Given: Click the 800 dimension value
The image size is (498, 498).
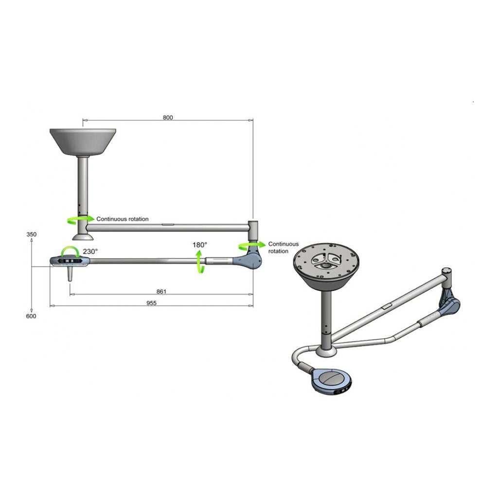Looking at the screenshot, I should pyautogui.click(x=168, y=117).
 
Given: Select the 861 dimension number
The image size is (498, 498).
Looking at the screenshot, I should pyautogui.click(x=161, y=291).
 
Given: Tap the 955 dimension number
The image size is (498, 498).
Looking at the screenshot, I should pyautogui.click(x=152, y=302).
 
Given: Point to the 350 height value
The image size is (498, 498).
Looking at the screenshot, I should pyautogui.click(x=31, y=234).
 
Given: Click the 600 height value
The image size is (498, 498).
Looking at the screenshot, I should pyautogui.click(x=31, y=316).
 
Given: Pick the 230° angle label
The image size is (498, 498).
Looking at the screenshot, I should pyautogui.click(x=90, y=251).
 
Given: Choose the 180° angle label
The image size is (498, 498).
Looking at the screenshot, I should pyautogui.click(x=199, y=245).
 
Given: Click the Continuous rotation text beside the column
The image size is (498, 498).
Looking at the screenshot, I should pyautogui.click(x=123, y=219).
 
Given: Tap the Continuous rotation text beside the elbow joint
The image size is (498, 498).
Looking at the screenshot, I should pyautogui.click(x=283, y=248).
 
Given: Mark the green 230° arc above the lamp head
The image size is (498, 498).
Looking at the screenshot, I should pyautogui.click(x=69, y=251).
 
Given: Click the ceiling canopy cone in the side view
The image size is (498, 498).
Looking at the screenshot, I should pyautogui.click(x=83, y=141).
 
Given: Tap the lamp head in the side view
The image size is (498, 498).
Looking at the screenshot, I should pyautogui.click(x=71, y=262).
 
